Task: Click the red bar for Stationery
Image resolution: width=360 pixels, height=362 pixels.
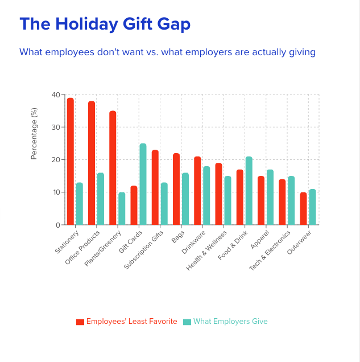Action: pyautogui.click(x=71, y=162)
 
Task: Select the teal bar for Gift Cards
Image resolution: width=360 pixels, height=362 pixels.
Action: pyautogui.click(x=143, y=184)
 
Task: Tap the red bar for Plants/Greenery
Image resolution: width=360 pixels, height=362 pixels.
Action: pyautogui.click(x=113, y=168)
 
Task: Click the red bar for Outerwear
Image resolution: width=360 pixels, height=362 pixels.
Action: pyautogui.click(x=303, y=209)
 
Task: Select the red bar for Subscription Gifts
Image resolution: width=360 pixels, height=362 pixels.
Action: pyautogui.click(x=155, y=188)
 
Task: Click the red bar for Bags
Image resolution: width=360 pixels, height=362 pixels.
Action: pyautogui.click(x=176, y=190)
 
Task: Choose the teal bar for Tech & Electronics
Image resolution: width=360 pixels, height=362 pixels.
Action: pyautogui.click(x=291, y=201)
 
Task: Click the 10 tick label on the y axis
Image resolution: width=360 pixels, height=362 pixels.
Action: pyautogui.click(x=56, y=192)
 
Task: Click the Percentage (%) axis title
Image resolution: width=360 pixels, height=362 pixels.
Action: pyautogui.click(x=34, y=134)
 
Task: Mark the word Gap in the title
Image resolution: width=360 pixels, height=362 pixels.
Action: pyautogui.click(x=172, y=24)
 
